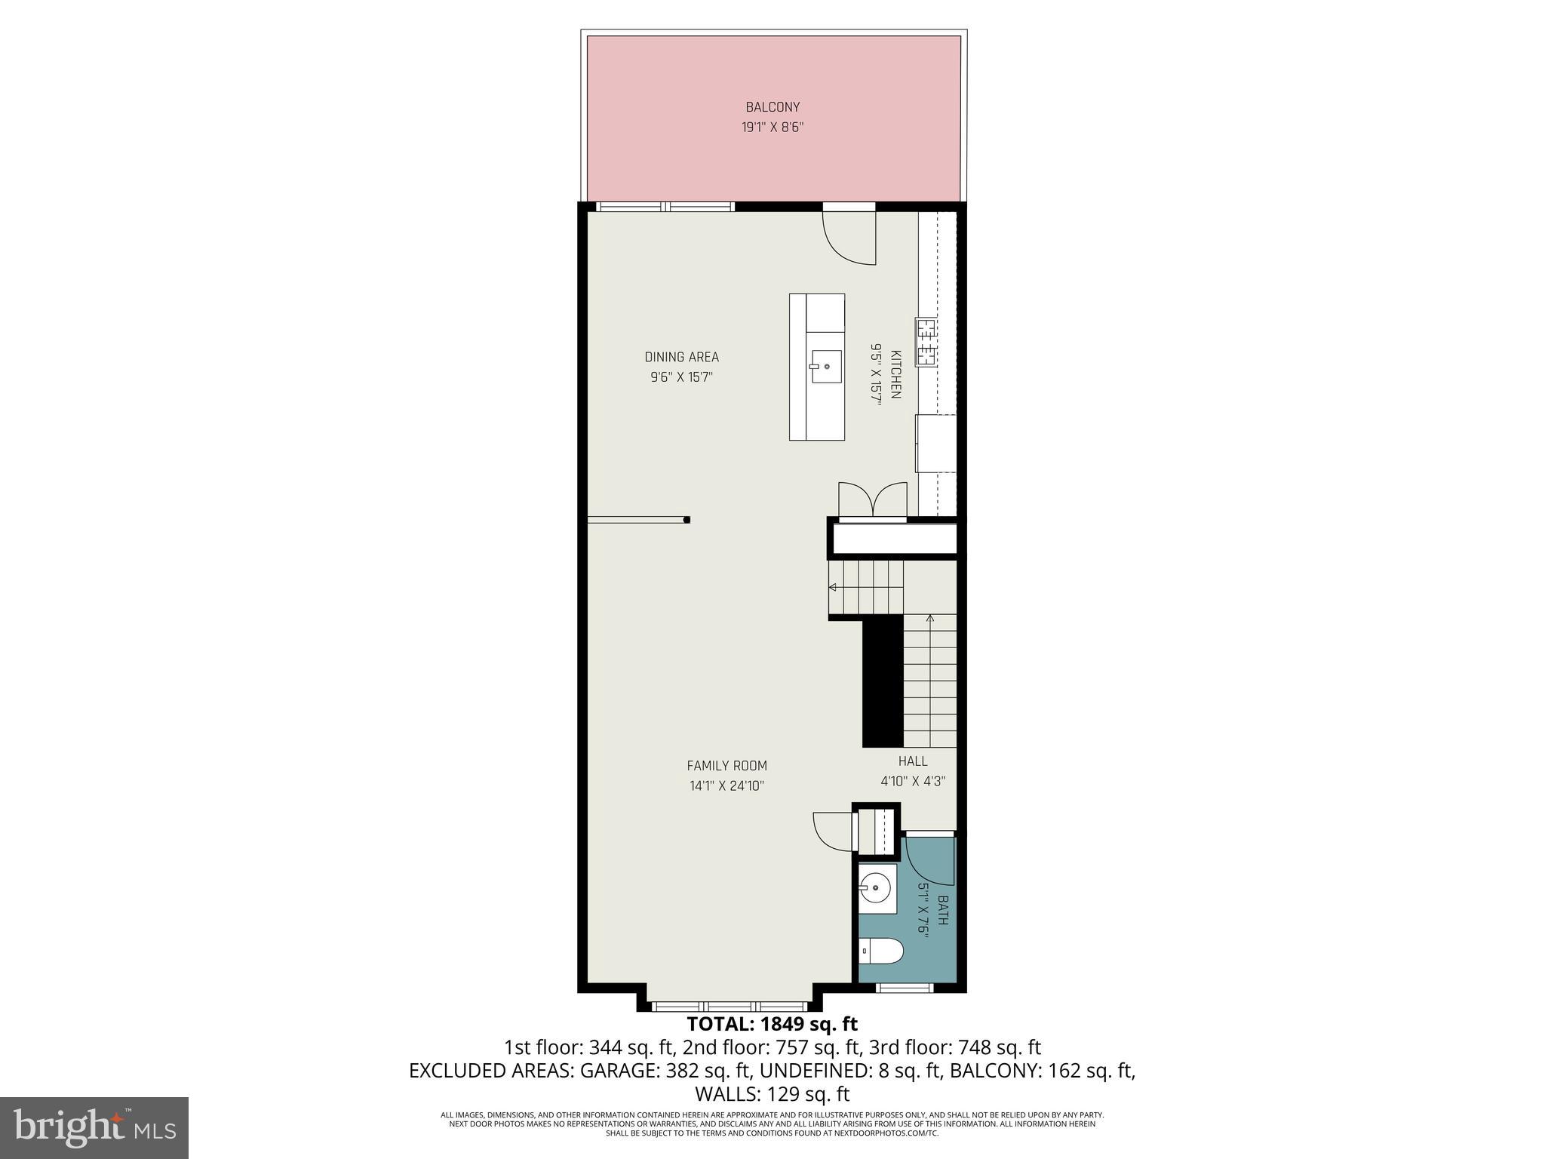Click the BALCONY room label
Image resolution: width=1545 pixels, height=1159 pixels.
coord(772,107)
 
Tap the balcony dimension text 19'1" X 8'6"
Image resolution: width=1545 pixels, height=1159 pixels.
coord(772,128)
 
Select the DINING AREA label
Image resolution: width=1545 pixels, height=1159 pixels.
coord(681,357)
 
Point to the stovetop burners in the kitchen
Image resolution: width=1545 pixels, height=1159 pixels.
coord(926,342)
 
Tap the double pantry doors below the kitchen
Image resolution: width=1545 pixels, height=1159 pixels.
coord(873,500)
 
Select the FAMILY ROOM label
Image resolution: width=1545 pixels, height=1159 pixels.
coord(726,766)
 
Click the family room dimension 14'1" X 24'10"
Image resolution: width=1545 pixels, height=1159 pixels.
coord(726,785)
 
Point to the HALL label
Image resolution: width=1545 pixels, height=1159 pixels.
coord(913,761)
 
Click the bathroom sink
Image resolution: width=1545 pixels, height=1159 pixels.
coord(875,887)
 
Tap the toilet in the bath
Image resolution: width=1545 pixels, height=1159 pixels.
coord(881,951)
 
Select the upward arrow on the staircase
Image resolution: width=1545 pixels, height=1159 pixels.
coord(929,620)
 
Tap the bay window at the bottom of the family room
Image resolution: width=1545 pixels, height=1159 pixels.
coord(729,1006)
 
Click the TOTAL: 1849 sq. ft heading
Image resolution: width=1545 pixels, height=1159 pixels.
coord(772,1024)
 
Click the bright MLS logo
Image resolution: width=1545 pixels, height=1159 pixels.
coord(94,1127)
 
